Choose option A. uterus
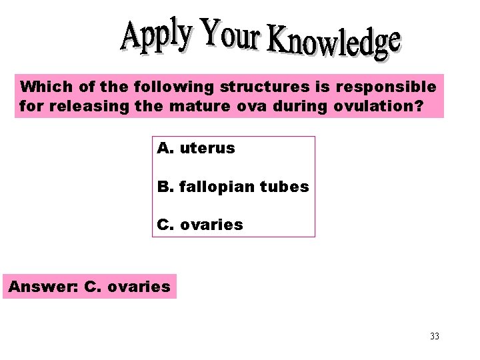point(196,148)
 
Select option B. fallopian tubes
point(233,187)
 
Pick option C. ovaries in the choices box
point(200,225)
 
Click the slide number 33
point(435,336)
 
